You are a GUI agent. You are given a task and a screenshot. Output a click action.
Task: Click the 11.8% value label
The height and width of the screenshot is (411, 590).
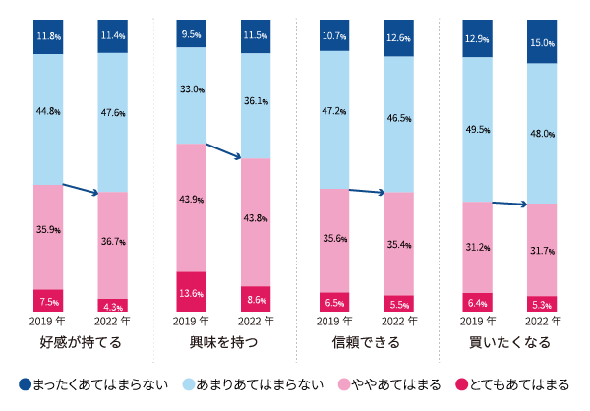(x=48, y=36)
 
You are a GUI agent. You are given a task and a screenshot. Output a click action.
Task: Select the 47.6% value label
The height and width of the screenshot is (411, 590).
(x=112, y=113)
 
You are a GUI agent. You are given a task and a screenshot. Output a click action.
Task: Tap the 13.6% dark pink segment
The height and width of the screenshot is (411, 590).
(x=191, y=293)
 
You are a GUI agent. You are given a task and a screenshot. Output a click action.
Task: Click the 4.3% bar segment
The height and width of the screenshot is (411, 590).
(x=112, y=306)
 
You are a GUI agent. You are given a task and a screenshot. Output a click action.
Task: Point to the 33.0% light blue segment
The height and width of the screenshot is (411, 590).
(x=191, y=89)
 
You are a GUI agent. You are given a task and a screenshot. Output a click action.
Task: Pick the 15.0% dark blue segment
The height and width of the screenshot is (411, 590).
(x=541, y=42)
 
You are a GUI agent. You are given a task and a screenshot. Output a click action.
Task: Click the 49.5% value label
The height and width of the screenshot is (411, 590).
(x=477, y=129)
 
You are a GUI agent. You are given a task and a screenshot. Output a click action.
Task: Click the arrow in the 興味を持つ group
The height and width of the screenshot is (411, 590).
(x=224, y=151)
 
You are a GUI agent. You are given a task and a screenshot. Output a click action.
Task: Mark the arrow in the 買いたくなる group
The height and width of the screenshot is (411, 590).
(x=509, y=204)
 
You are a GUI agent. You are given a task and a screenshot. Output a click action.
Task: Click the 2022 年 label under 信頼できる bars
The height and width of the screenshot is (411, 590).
(x=398, y=321)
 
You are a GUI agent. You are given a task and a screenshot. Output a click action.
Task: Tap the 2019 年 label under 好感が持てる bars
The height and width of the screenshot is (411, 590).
(x=48, y=321)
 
